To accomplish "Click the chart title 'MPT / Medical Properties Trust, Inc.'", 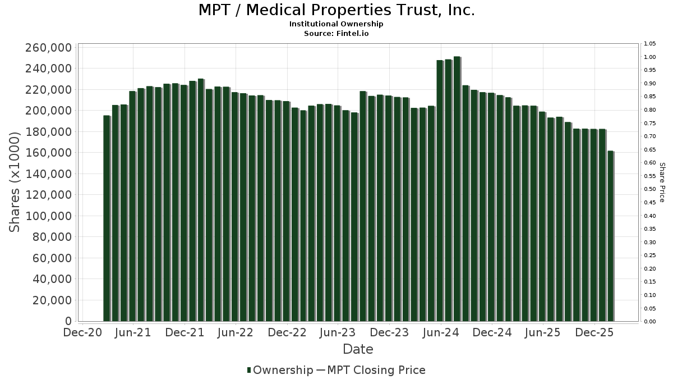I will (x=336, y=11).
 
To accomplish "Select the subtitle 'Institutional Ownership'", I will (x=336, y=24).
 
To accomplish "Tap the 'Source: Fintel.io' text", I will (x=336, y=33).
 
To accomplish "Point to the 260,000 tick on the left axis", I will (x=49, y=48).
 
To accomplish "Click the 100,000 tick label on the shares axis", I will (x=49, y=216).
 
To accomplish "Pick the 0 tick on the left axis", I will (x=68, y=321).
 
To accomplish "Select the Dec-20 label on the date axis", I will (x=83, y=332).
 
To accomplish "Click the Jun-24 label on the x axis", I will (x=441, y=332).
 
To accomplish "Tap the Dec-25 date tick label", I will (x=594, y=332).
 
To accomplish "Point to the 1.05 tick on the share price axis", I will (x=650, y=44).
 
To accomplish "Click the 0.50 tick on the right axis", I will (x=650, y=189).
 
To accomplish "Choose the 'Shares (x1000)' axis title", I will (x=15, y=181).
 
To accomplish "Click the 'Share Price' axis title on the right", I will (x=662, y=182).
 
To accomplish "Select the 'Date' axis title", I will (x=358, y=349).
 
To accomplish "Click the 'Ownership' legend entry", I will (x=280, y=370).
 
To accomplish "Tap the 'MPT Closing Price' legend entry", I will (x=376, y=370).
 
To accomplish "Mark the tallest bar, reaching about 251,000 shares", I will (x=457, y=189).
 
